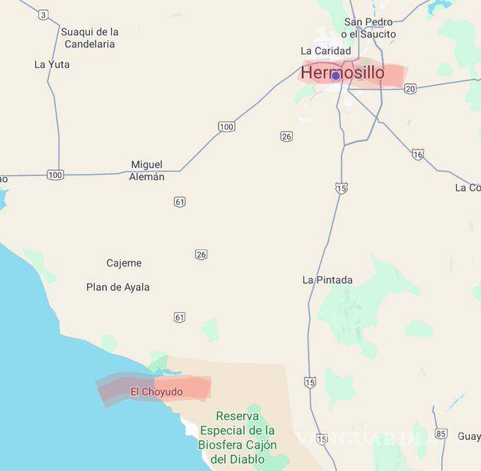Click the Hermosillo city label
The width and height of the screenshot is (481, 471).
tap(343, 73)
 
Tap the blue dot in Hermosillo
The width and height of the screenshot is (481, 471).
tap(335, 76)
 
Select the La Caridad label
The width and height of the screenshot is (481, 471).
tap(325, 51)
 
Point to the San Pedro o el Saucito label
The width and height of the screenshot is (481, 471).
tap(369, 28)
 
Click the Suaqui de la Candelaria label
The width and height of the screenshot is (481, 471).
tap(90, 37)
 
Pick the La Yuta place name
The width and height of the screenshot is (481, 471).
tap(52, 64)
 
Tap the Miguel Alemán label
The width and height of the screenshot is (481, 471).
tap(146, 171)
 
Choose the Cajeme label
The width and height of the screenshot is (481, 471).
tap(124, 263)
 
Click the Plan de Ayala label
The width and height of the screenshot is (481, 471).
tap(118, 287)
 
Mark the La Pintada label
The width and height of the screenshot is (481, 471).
tap(328, 280)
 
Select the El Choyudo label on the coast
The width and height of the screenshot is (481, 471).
tap(156, 392)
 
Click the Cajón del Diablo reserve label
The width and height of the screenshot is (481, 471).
tap(238, 438)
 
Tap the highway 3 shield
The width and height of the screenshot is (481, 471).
tap(44, 15)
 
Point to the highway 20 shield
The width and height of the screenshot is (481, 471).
tap(410, 88)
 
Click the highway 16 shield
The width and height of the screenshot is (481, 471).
tap(418, 155)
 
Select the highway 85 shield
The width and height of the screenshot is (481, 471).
tap(441, 434)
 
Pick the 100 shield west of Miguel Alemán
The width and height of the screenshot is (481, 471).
tap(55, 174)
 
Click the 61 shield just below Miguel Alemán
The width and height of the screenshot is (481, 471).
tap(180, 202)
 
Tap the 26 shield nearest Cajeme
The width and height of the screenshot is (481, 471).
tap(202, 254)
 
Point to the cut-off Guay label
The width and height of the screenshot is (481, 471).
tap(469, 436)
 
